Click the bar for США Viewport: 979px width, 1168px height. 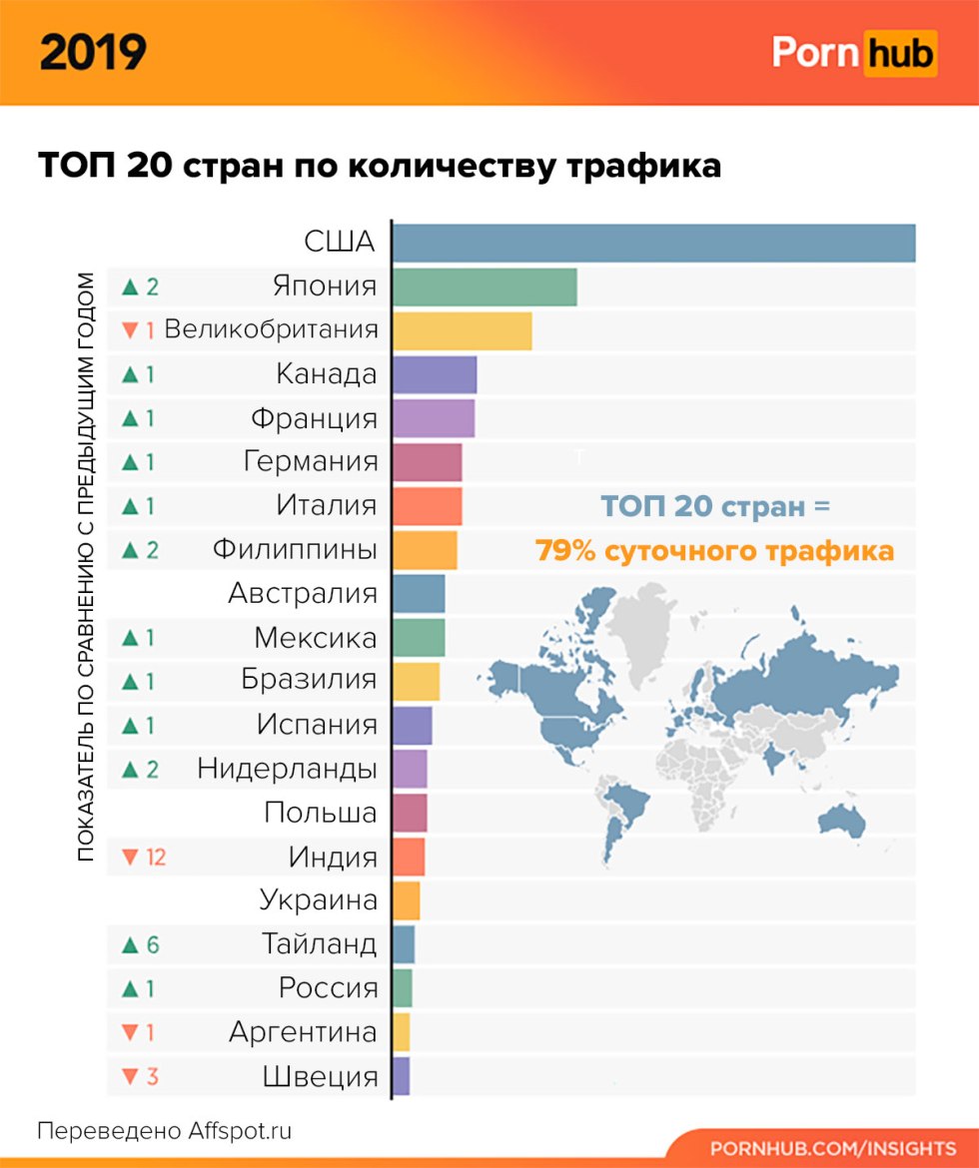(653, 244)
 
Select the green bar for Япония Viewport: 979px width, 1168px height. (485, 287)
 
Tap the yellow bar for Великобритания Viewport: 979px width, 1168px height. (462, 330)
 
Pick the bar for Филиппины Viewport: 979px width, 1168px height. (425, 549)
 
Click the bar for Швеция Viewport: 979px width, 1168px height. (402, 1076)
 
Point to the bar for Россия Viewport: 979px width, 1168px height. (403, 988)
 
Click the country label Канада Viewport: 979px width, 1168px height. (327, 374)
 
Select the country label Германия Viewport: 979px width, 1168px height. (311, 461)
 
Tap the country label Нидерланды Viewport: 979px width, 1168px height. (288, 769)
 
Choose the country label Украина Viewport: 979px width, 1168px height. (319, 900)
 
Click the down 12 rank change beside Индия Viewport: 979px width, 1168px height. (143, 857)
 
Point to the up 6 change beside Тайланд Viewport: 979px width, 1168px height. (140, 944)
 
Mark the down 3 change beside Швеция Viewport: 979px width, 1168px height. (139, 1076)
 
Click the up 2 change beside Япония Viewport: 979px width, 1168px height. (140, 287)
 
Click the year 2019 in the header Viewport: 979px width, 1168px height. (93, 52)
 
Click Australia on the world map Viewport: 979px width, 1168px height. (841, 820)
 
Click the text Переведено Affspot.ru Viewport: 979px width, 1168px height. (165, 1131)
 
